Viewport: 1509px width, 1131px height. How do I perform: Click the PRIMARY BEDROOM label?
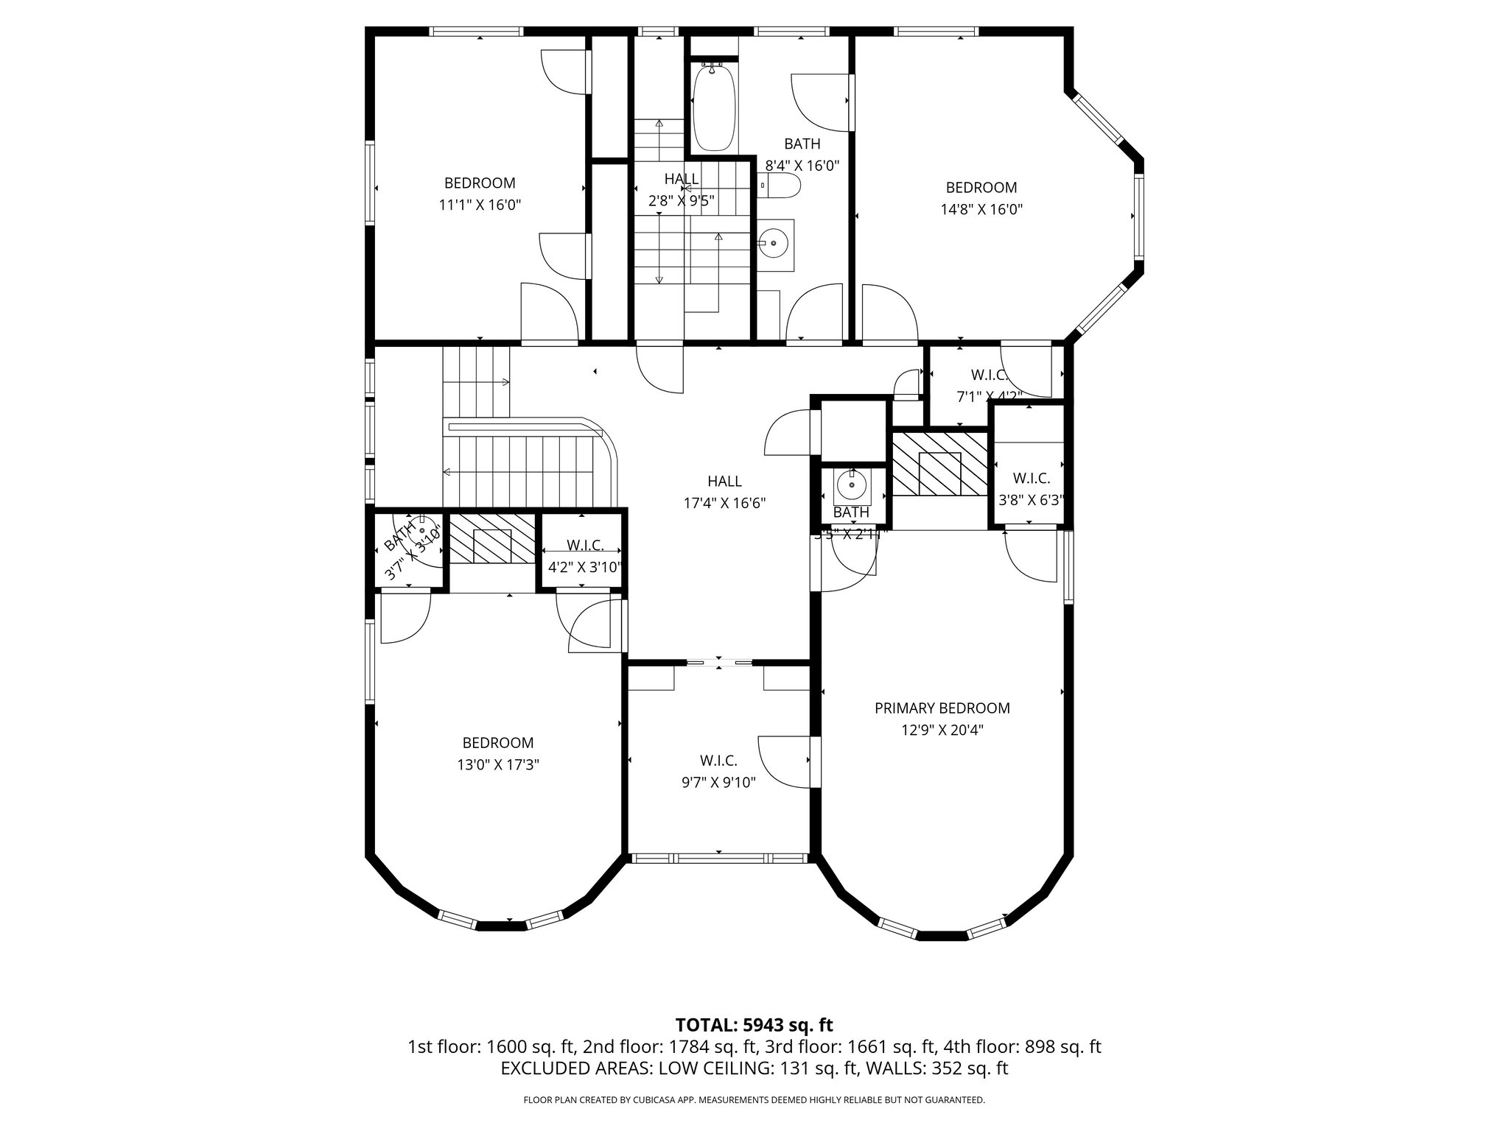point(942,708)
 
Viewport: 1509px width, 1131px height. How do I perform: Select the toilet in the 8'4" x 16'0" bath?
point(780,185)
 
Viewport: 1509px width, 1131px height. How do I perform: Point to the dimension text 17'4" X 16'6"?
point(724,504)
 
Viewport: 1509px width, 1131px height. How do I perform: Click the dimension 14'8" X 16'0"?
point(981,209)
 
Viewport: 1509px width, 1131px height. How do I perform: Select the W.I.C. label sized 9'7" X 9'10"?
point(718,761)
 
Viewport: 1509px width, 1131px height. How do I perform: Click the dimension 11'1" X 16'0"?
point(480,205)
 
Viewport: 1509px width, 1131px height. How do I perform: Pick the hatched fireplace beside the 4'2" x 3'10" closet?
point(491,538)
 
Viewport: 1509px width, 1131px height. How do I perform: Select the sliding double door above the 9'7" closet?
point(720,663)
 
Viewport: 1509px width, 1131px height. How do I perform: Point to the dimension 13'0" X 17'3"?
point(497,765)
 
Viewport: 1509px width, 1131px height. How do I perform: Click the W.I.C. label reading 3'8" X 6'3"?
point(1031,479)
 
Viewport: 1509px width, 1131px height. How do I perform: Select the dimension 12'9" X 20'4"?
point(942,730)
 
